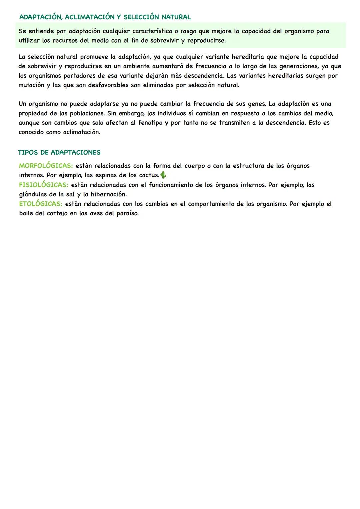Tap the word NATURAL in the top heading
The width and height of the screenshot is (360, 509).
tap(176, 17)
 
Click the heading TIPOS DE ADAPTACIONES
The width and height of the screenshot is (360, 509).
tap(59, 153)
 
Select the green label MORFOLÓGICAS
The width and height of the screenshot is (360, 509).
tap(46, 166)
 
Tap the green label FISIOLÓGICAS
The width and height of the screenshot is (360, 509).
tap(43, 185)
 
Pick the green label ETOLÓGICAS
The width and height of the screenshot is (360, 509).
tap(40, 204)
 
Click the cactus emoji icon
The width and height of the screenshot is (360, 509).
tap(163, 175)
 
